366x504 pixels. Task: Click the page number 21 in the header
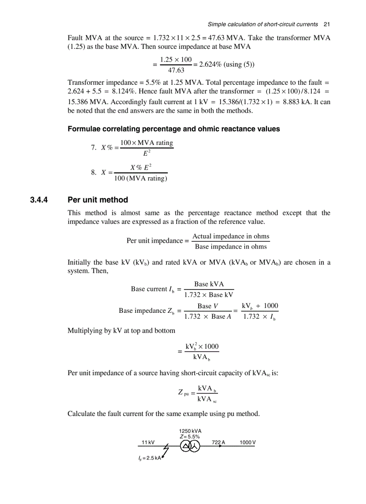tap(327, 24)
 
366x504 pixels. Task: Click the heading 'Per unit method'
tap(97, 200)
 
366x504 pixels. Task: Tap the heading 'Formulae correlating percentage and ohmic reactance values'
tap(174, 129)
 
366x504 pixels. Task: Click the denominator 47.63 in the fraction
tap(176, 70)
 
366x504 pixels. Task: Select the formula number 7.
tap(93, 147)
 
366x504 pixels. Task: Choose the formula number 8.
tap(93, 172)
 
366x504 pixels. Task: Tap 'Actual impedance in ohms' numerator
tap(231, 236)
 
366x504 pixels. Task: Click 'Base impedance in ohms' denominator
tap(231, 246)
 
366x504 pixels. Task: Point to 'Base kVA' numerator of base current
tap(209, 284)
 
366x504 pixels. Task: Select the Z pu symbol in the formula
tap(183, 393)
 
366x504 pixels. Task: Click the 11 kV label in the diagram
tap(148, 442)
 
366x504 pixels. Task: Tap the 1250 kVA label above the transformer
tap(190, 431)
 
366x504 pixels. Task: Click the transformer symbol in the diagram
tap(190, 446)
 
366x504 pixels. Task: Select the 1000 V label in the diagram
tap(247, 442)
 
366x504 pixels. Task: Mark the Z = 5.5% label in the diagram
tap(190, 436)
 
